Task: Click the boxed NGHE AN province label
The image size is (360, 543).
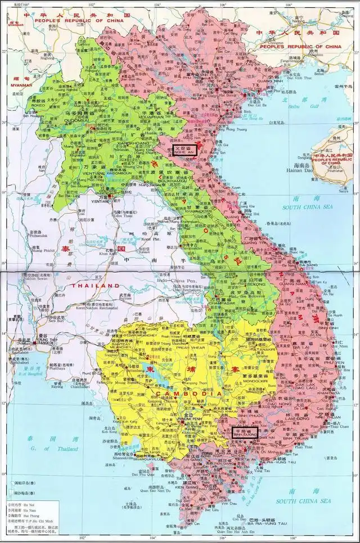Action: [184, 149]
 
